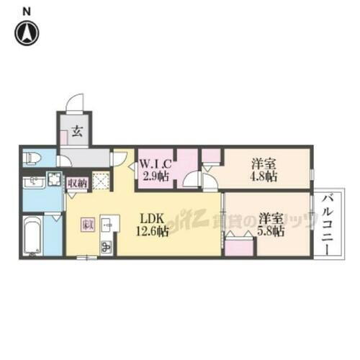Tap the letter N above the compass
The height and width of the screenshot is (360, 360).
pos(27,10)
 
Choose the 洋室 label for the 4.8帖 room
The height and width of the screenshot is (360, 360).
pos(263,163)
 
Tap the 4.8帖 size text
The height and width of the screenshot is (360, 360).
pos(263,177)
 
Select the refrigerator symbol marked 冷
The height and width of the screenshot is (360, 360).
pos(86,225)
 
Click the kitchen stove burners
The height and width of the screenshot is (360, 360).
pos(106,246)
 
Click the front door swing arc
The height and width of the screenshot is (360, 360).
pos(75,105)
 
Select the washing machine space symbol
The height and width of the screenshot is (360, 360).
pos(55,180)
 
